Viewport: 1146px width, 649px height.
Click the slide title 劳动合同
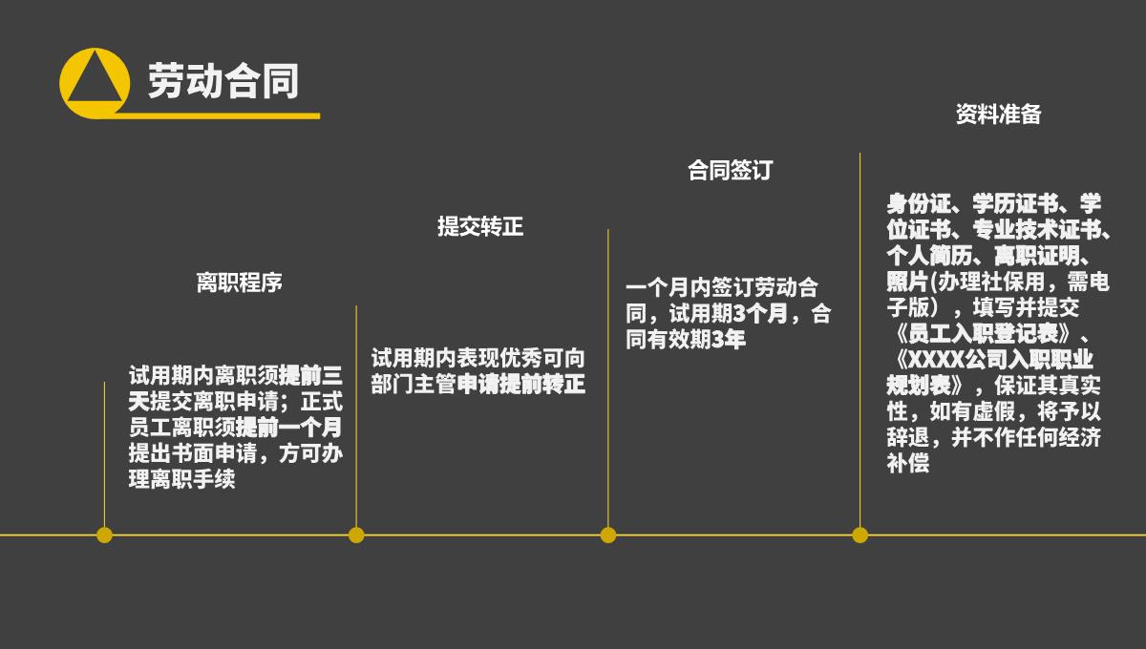[223, 81]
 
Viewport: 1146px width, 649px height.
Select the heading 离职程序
[239, 283]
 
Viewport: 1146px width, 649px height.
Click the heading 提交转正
[480, 226]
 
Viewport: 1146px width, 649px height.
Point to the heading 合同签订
[730, 170]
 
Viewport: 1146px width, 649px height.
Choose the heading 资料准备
[998, 115]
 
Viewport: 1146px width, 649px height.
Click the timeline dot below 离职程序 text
[104, 534]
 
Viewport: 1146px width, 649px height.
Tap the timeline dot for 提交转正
[356, 534]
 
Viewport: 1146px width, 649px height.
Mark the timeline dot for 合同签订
[608, 534]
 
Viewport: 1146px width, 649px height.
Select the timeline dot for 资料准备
[860, 534]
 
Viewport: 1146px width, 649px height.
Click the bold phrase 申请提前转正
[521, 385]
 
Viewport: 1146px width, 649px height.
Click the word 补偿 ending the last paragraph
[907, 465]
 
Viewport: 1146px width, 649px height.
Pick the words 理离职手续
[181, 480]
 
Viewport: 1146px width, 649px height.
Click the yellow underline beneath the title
[220, 115]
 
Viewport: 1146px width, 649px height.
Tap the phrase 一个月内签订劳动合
[722, 287]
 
